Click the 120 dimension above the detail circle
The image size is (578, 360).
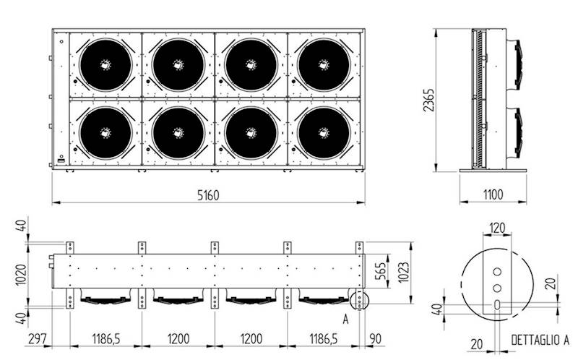coord(497,228)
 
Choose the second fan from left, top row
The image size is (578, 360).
coord(178,64)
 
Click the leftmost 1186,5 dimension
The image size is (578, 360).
coord(104,338)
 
